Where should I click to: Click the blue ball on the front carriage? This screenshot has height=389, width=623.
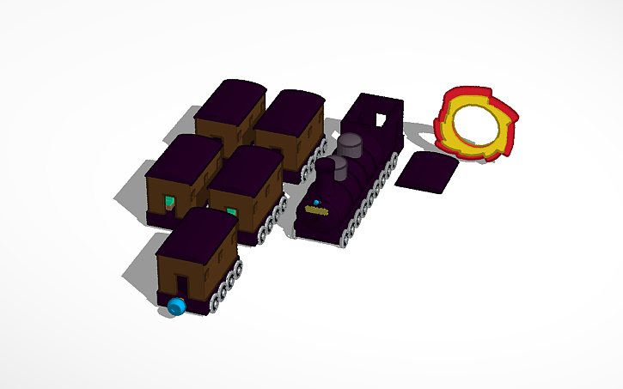[x=176, y=306]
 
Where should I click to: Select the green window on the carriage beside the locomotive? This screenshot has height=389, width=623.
[x=232, y=211]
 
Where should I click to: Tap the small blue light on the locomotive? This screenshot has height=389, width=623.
[x=316, y=203]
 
